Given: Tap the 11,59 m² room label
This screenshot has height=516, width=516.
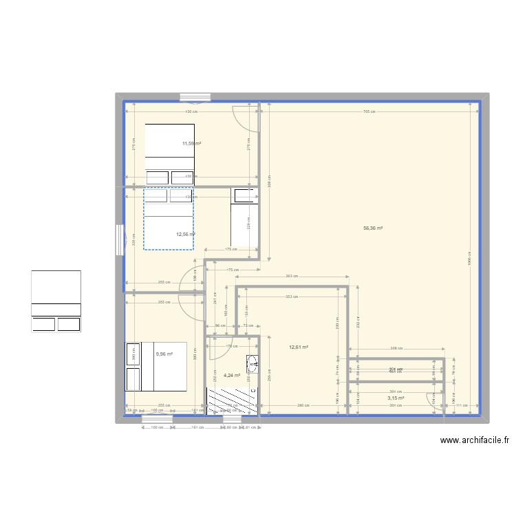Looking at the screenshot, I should [x=191, y=144].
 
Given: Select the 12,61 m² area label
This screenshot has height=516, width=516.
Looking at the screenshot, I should [x=299, y=347].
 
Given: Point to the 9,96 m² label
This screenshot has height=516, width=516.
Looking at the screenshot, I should [x=164, y=354].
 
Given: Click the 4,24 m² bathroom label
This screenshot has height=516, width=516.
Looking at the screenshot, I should [x=232, y=375].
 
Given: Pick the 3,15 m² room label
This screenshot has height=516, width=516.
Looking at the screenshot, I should [x=395, y=398].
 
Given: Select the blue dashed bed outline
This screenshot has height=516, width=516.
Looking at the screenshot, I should [x=169, y=219].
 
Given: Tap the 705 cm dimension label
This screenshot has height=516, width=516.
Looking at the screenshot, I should [x=369, y=112].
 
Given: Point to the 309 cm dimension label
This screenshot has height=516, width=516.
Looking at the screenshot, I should [x=395, y=350].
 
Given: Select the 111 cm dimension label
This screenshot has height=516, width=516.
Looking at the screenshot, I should [x=461, y=405].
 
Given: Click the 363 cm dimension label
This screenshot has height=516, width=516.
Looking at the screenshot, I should [x=290, y=276].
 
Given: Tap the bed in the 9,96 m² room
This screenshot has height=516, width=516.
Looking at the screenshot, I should [x=155, y=366].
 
